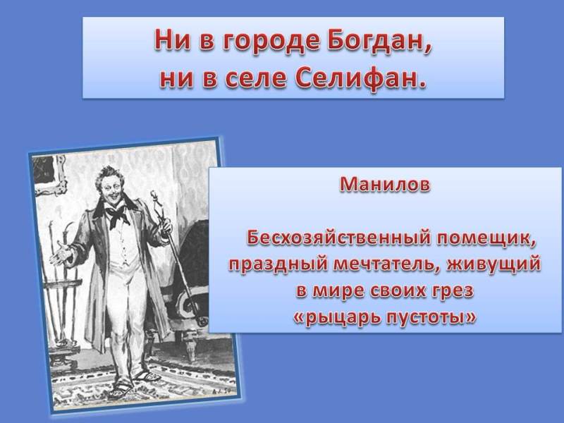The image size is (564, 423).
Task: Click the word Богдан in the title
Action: (379, 41)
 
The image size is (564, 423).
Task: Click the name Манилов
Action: (384, 184)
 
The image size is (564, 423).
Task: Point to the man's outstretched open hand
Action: (61, 254)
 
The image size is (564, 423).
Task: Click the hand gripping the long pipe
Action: (166, 227)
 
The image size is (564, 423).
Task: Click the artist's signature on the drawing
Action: (219, 391)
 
